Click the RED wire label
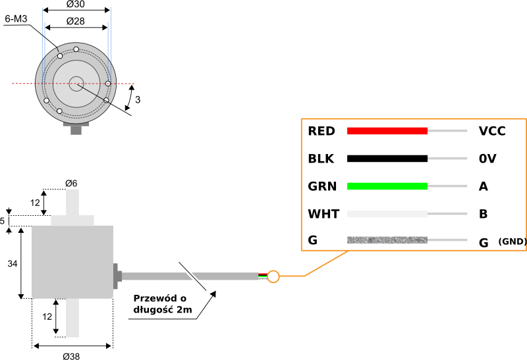pyautogui.click(x=321, y=131)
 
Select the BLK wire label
pyautogui.click(x=321, y=159)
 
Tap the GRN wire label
pyautogui.click(x=322, y=186)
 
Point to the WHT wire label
pyautogui.click(x=323, y=214)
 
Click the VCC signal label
pyautogui.click(x=492, y=131)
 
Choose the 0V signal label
pyautogui.click(x=487, y=159)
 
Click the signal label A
pyautogui.click(x=484, y=186)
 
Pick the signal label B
pyautogui.click(x=484, y=214)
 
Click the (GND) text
pyautogui.click(x=513, y=242)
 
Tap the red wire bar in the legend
pyautogui.click(x=387, y=130)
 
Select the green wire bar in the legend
pyautogui.click(x=387, y=186)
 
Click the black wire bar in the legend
pyautogui.click(x=387, y=158)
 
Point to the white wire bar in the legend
pyautogui.click(x=387, y=214)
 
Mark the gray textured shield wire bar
pyautogui.click(x=387, y=240)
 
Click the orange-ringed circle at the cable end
pyautogui.click(x=273, y=276)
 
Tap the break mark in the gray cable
pyautogui.click(x=192, y=276)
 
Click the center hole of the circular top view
pyautogui.click(x=76, y=84)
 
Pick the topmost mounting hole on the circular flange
pyautogui.click(x=76, y=49)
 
